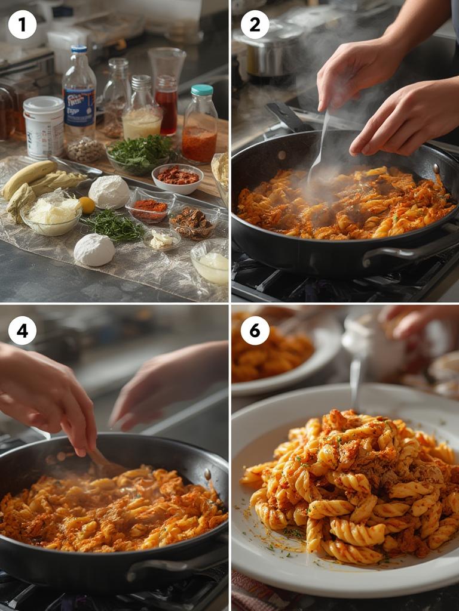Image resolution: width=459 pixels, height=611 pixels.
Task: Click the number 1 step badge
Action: [x=22, y=24]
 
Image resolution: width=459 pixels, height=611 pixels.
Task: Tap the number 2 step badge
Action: [x=255, y=24]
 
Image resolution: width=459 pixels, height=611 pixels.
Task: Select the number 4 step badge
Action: [x=22, y=331]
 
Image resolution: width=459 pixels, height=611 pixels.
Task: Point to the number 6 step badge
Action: [x=255, y=331]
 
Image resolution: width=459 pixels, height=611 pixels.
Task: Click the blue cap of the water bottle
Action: [x=79, y=50]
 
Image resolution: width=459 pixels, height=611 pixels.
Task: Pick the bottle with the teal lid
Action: [x=200, y=125]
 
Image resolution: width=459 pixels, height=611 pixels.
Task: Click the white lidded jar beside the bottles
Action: [x=44, y=126]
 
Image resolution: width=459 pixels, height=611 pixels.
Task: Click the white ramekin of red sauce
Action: [x=177, y=178]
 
